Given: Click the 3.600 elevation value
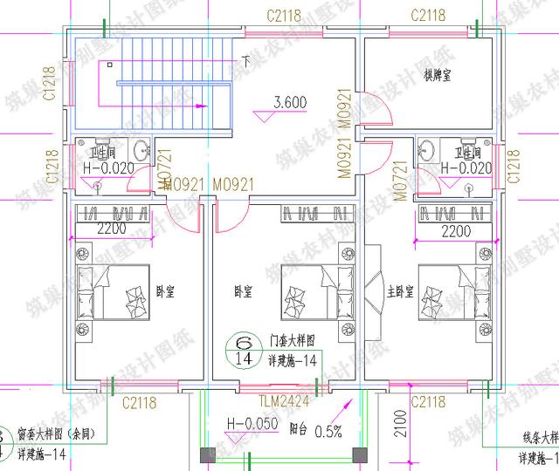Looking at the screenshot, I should point(290,102).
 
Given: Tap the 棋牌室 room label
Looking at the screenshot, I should point(437,76).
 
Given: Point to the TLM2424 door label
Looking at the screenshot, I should point(281,403).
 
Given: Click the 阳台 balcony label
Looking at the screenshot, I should point(295,429).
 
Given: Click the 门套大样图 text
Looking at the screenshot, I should point(292,341).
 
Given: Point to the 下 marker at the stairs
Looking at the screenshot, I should point(246,61).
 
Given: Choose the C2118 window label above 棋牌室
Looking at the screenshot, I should point(427,15).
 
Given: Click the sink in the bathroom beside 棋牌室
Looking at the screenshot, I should point(429,149).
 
